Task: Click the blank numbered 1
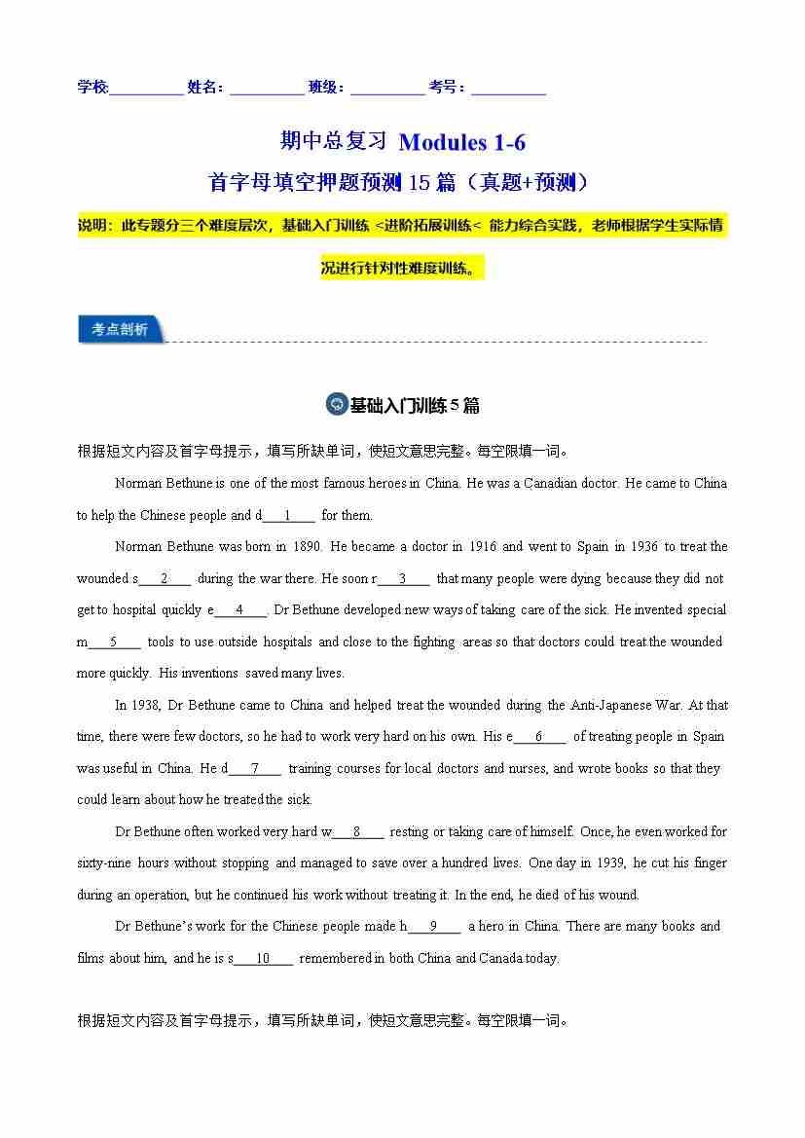click(288, 516)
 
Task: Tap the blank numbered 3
click(402, 579)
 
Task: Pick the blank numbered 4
click(238, 610)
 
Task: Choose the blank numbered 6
click(538, 737)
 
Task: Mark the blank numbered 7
click(254, 769)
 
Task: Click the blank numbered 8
click(357, 832)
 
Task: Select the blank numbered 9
click(432, 927)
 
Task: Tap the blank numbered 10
click(263, 959)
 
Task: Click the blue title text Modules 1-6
click(462, 142)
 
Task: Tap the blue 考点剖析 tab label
click(120, 330)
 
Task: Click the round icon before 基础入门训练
click(337, 405)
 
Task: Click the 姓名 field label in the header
click(204, 88)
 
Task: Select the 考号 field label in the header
click(447, 88)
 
